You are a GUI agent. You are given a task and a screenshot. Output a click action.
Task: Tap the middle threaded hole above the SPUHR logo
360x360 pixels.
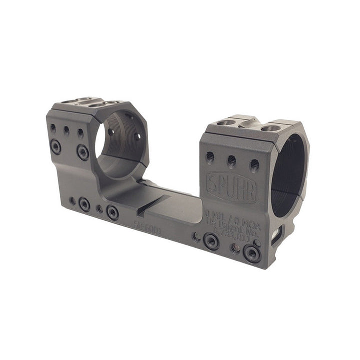[231, 160]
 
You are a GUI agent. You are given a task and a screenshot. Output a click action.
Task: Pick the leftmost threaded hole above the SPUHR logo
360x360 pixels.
[210, 156]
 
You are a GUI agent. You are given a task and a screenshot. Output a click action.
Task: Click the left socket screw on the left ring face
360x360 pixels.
[56, 146]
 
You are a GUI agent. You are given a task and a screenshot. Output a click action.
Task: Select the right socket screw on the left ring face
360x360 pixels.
[83, 151]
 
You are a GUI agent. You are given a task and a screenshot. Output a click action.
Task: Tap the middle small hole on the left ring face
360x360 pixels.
[66, 130]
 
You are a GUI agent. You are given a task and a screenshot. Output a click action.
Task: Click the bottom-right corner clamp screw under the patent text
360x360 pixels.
[252, 253]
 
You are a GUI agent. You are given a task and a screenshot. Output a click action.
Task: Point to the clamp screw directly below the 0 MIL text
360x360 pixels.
[211, 241]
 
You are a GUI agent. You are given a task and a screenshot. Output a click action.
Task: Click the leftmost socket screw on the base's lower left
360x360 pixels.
[85, 204]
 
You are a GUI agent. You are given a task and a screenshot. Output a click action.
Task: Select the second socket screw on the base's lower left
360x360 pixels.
[113, 212]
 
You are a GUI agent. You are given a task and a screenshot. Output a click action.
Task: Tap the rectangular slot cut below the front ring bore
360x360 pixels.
[277, 235]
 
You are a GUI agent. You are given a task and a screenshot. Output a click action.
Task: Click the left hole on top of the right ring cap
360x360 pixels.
[226, 123]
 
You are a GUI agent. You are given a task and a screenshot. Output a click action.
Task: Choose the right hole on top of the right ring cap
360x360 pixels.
[270, 128]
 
